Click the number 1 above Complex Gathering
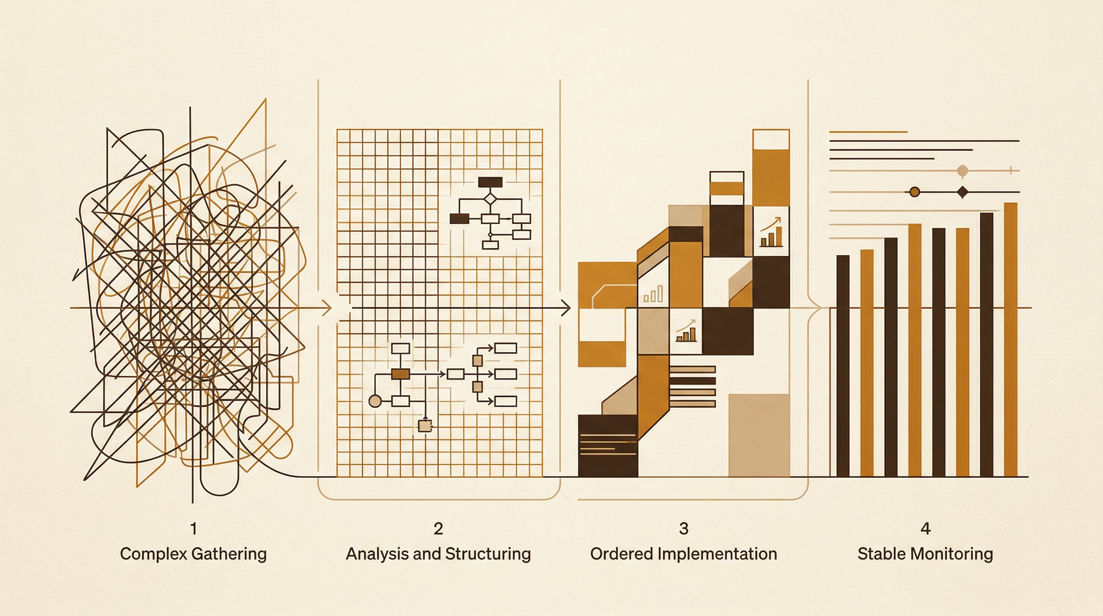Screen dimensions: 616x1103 click(194, 529)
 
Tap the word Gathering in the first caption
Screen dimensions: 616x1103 click(229, 554)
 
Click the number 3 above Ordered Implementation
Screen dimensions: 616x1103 click(684, 529)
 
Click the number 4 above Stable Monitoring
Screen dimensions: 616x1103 click(925, 529)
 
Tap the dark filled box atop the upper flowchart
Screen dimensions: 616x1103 click(490, 182)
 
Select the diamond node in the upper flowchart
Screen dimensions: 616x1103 click(490, 199)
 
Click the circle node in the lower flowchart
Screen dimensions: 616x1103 click(375, 401)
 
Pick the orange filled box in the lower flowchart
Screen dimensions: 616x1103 click(400, 374)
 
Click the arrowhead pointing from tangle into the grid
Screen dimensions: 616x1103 click(327, 308)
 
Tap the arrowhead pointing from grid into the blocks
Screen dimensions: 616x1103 click(566, 308)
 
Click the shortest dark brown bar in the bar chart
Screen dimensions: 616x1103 click(842, 366)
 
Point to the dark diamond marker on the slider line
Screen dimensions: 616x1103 click(963, 192)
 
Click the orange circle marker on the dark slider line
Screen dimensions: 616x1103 click(915, 192)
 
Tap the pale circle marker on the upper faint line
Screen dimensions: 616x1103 click(963, 171)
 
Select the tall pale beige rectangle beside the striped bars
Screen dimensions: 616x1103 click(759, 435)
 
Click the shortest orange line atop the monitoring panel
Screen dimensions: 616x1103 click(869, 132)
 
